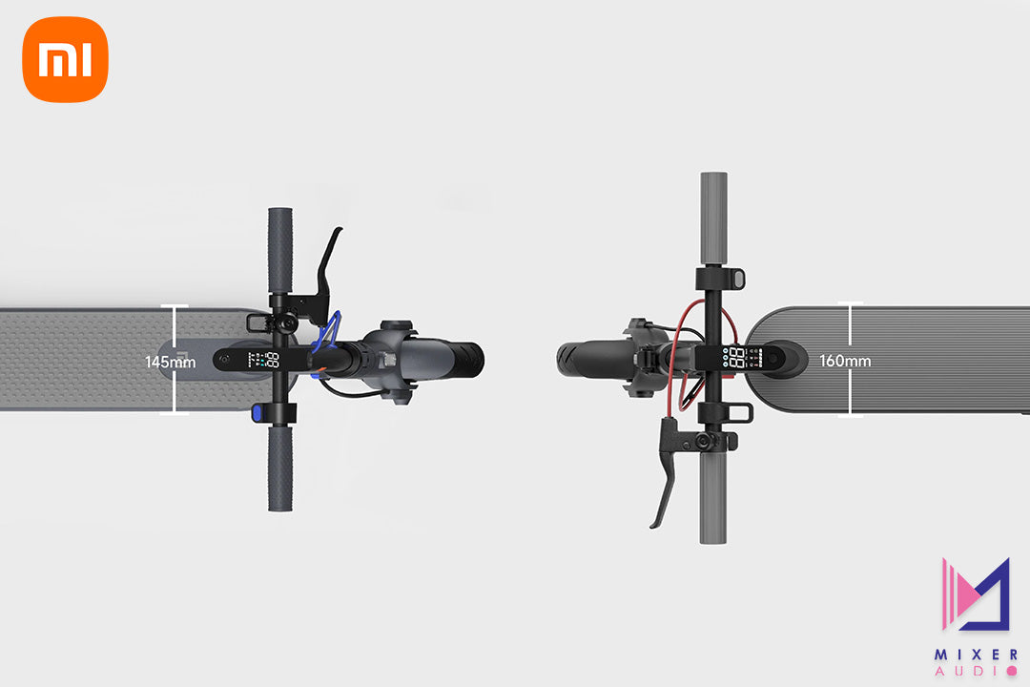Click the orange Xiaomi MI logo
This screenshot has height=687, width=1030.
(65, 59)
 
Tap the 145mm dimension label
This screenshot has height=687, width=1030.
(170, 362)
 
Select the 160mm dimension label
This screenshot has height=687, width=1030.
(845, 361)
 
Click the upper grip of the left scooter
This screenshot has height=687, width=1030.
(279, 251)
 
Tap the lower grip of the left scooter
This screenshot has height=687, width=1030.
(279, 468)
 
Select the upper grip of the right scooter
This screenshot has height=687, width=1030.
(713, 219)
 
